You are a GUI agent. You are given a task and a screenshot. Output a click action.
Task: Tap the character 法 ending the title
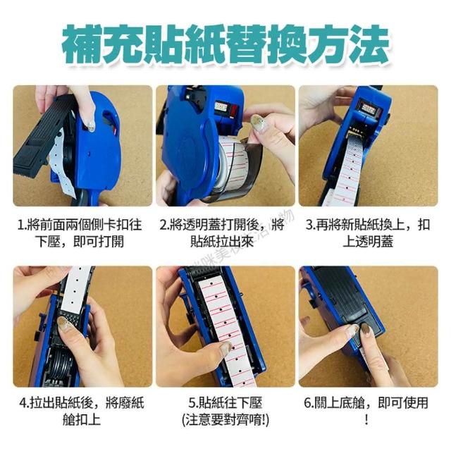click(x=369, y=44)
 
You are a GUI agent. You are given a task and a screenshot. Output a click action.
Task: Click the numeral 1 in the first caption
click(x=20, y=225)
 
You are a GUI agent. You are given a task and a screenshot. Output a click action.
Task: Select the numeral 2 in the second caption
click(x=163, y=225)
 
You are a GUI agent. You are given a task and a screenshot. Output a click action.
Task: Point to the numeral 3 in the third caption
click(x=309, y=225)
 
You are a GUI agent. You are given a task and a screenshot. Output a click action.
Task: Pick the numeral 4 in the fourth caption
click(x=23, y=402)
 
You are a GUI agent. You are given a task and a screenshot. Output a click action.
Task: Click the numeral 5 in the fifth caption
click(x=192, y=402)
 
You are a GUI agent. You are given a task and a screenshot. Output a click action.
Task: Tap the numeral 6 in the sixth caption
click(x=308, y=402)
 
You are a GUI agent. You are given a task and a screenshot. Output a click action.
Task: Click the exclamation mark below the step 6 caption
click(x=366, y=420)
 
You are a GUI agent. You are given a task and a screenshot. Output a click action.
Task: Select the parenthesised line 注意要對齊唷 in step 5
click(x=225, y=420)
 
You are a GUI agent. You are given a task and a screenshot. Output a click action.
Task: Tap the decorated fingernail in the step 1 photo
click(x=91, y=126)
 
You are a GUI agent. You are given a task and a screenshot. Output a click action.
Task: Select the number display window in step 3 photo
click(x=369, y=109)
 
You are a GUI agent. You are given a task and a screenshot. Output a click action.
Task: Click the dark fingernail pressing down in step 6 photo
click(x=366, y=329)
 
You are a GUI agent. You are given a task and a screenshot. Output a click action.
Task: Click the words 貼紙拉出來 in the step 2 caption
click(x=222, y=241)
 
